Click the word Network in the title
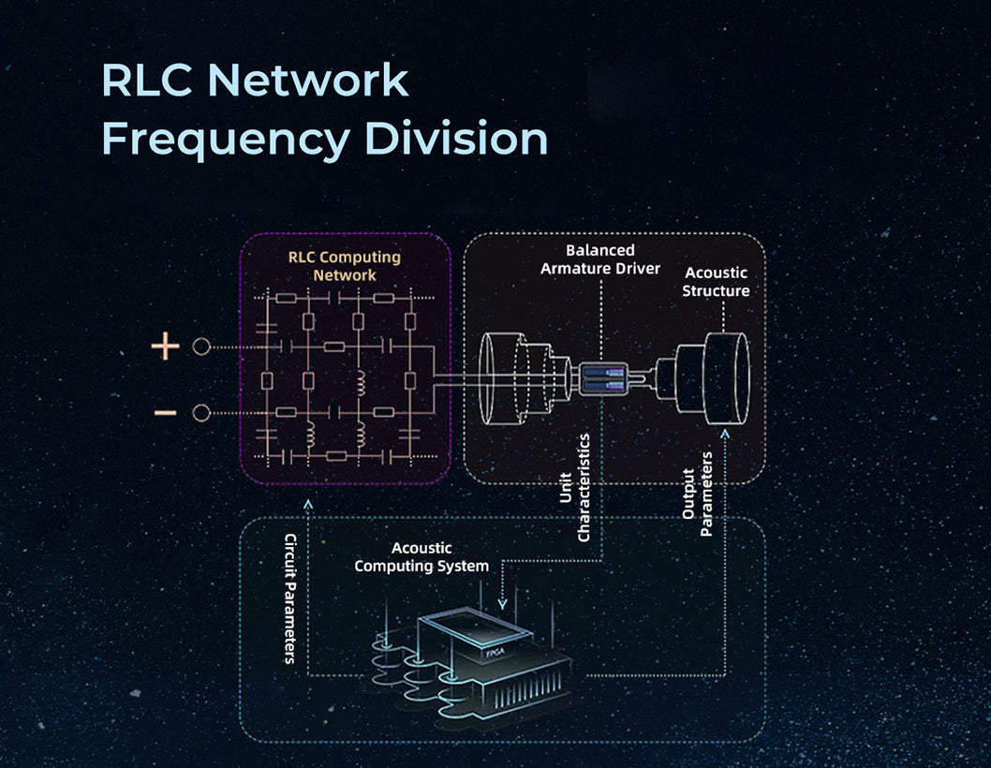(308, 81)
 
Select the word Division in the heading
(456, 139)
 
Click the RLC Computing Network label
(344, 266)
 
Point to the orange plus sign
(165, 347)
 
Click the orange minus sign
(165, 413)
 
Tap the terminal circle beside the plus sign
(200, 347)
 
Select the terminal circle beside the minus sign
(200, 413)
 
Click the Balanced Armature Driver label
(600, 259)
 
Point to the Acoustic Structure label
(716, 282)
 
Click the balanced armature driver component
(601, 378)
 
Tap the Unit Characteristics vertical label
(574, 487)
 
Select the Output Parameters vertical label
(698, 494)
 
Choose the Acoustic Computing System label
(422, 557)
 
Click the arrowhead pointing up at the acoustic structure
(725, 433)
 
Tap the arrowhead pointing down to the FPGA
(503, 604)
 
